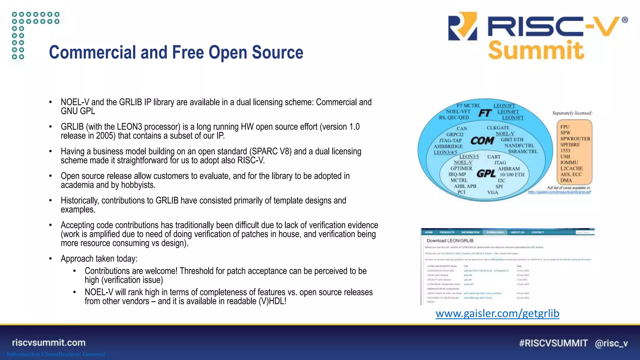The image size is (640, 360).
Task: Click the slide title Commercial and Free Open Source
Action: (x=176, y=52)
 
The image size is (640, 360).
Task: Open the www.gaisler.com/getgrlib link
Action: (x=497, y=313)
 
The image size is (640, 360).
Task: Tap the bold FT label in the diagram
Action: (x=485, y=113)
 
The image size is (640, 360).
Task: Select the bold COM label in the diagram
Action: (x=482, y=141)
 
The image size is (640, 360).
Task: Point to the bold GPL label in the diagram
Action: (x=486, y=173)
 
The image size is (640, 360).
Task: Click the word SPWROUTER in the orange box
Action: (x=575, y=139)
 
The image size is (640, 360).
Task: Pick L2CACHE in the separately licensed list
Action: (x=571, y=168)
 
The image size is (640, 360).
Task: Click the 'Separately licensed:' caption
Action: (x=572, y=113)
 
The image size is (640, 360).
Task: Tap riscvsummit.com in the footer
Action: (x=49, y=342)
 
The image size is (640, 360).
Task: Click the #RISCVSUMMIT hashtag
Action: (x=553, y=343)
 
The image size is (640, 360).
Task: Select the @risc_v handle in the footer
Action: (x=611, y=343)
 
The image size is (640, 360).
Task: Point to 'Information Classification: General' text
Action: (x=56, y=354)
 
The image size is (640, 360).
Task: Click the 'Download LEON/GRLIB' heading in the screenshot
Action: (x=450, y=241)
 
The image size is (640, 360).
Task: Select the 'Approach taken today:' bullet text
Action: (x=99, y=259)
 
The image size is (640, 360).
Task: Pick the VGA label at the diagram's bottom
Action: (x=492, y=192)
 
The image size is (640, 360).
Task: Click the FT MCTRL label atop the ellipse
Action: (x=468, y=106)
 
